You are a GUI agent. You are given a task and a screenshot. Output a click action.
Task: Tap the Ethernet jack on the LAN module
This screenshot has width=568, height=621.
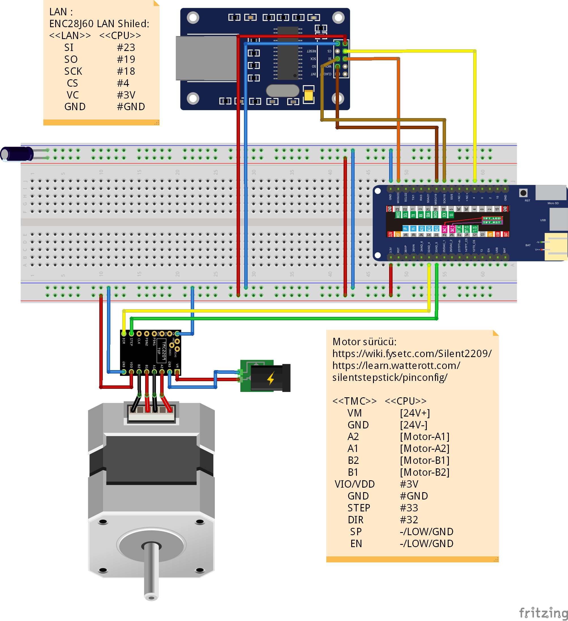pyautogui.click(x=206, y=58)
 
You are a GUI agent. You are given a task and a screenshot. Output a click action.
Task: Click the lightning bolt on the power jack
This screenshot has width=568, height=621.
pyautogui.click(x=271, y=378)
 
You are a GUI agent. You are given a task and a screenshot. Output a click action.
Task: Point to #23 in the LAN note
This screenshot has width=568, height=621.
pyautogui.click(x=126, y=48)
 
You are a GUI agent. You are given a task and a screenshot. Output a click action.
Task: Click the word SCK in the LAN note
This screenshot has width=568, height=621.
pyautogui.click(x=73, y=71)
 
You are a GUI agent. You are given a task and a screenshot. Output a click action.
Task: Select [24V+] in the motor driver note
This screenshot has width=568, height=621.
pyautogui.click(x=415, y=413)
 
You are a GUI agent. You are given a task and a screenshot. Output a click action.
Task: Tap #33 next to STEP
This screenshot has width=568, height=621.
pyautogui.click(x=409, y=508)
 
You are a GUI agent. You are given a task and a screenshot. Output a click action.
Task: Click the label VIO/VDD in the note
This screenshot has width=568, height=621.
pyautogui.click(x=355, y=484)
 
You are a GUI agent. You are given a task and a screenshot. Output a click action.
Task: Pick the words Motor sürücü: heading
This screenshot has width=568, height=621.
pyautogui.click(x=365, y=342)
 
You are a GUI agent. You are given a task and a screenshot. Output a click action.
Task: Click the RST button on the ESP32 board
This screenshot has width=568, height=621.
pyautogui.click(x=523, y=193)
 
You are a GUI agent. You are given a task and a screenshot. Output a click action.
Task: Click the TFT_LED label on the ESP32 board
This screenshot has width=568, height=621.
pyautogui.click(x=491, y=218)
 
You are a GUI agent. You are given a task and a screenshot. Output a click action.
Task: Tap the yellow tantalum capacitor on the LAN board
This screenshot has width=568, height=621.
pyautogui.click(x=308, y=95)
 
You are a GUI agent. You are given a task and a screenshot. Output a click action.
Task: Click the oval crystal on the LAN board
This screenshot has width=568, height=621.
pyautogui.click(x=282, y=91)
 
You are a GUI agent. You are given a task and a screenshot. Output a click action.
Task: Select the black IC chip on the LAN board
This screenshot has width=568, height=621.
pyautogui.click(x=288, y=53)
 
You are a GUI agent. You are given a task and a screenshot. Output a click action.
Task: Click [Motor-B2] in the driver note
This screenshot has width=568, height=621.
pyautogui.click(x=425, y=472)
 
